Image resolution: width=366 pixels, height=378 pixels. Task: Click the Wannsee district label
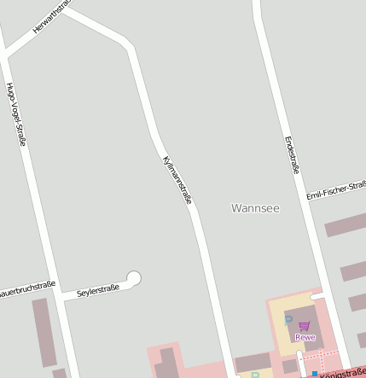click(255, 207)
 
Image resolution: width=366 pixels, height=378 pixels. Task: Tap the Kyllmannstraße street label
click(177, 180)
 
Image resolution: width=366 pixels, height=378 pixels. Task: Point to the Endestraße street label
click(292, 154)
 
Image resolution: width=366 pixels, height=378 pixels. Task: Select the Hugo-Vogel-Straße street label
click(15, 113)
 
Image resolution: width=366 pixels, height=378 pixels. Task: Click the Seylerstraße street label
click(97, 291)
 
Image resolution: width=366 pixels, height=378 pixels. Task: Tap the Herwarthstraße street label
click(50, 16)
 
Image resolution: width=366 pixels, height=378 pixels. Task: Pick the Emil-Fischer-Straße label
click(336, 189)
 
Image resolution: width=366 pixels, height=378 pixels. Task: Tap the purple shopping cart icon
click(304, 325)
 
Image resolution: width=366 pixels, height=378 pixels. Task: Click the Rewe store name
click(305, 337)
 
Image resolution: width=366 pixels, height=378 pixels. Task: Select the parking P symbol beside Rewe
click(288, 320)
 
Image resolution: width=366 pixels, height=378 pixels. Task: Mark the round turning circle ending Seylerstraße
click(133, 277)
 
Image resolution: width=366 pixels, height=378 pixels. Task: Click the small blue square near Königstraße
click(314, 374)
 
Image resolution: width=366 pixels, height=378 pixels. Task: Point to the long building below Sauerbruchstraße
click(44, 332)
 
